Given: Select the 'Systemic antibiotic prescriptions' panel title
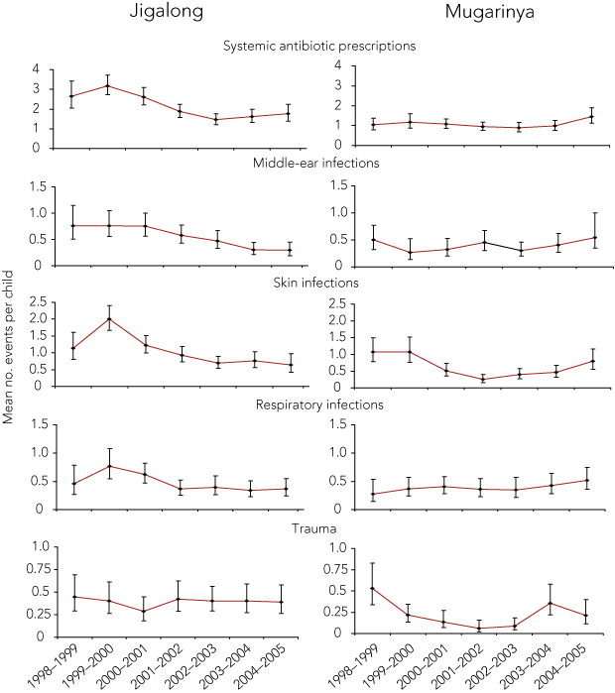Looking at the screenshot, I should click(x=318, y=46).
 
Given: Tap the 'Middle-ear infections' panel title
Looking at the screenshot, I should click(x=317, y=163).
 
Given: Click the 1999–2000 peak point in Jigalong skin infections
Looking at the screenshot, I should click(x=108, y=318).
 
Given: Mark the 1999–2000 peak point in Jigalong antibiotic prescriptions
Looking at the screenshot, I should click(x=108, y=85).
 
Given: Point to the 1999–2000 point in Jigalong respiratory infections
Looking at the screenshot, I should click(x=108, y=466).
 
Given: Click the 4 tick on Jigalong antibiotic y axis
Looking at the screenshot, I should click(x=35, y=69).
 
